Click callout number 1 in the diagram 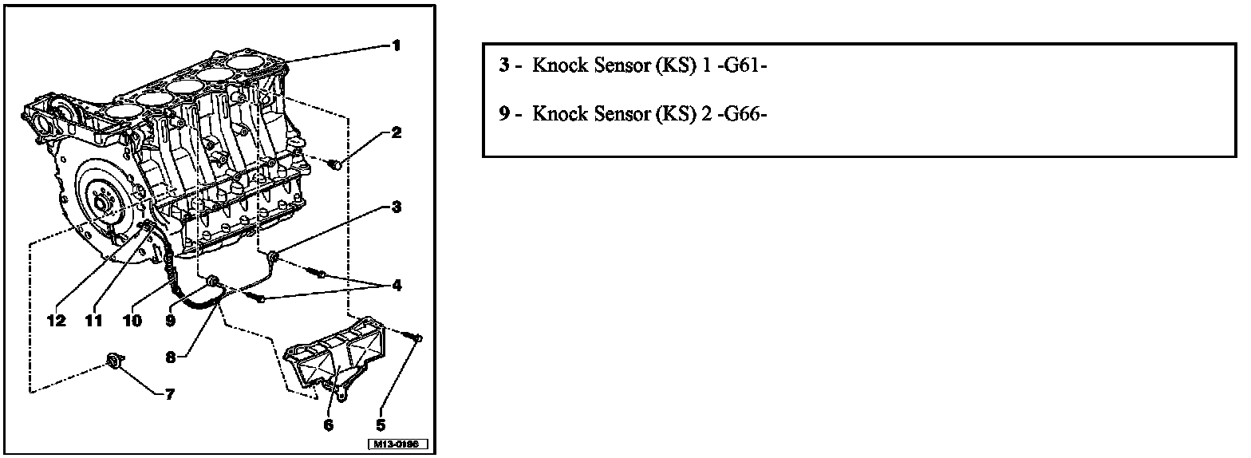[396, 45]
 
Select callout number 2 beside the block [396, 132]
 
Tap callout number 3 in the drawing [396, 207]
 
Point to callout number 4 [396, 285]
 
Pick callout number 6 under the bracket [328, 424]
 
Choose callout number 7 [169, 393]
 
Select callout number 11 [94, 320]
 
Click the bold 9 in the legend [504, 114]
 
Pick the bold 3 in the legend [504, 65]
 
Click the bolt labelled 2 [335, 165]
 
